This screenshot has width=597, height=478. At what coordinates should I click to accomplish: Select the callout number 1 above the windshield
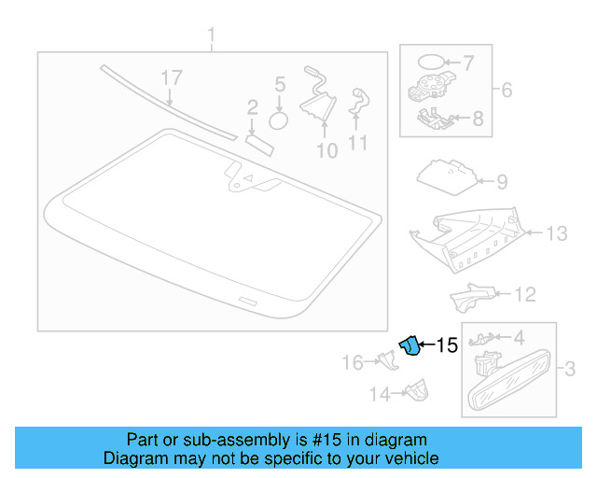point(211,36)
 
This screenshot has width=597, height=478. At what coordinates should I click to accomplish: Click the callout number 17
point(170,77)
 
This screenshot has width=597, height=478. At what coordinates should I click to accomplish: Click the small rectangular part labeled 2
point(258,140)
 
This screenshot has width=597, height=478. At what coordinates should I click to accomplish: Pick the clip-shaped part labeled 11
point(358,102)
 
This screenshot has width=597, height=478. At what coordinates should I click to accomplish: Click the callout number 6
point(507,91)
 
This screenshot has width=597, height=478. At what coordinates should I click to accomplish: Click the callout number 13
point(555,233)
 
